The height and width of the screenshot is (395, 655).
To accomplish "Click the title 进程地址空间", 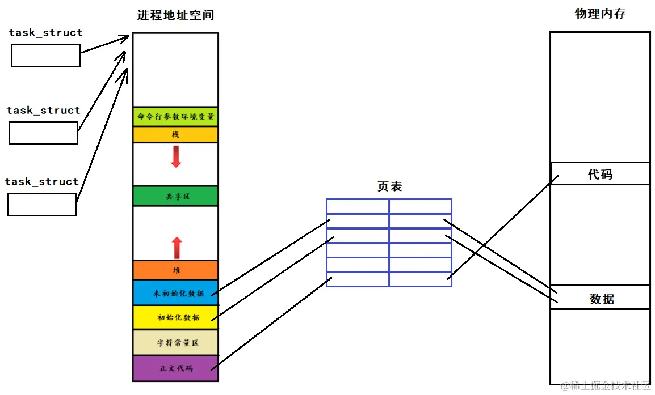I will click(x=175, y=15).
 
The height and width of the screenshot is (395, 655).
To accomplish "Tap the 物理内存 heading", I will click(x=600, y=14).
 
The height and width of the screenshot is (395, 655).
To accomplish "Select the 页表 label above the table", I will click(x=389, y=186).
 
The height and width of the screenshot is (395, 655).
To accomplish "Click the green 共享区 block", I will click(x=175, y=196).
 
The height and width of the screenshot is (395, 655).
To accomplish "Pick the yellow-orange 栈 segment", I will click(x=175, y=135).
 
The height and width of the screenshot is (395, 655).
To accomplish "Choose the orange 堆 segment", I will click(x=175, y=270).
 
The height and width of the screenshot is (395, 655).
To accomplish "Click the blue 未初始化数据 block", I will click(x=175, y=293).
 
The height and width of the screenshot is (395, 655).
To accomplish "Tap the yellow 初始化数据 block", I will click(x=175, y=317).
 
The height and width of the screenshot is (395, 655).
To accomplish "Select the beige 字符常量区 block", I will click(x=175, y=343).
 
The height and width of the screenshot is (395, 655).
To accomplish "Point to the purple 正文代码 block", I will click(x=175, y=368).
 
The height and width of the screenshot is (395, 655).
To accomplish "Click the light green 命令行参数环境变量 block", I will click(x=175, y=117).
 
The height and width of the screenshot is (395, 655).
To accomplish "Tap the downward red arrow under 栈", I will click(x=176, y=156).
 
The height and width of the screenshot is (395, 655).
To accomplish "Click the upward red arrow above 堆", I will click(x=177, y=248).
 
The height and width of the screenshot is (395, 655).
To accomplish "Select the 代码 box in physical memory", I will click(x=600, y=174).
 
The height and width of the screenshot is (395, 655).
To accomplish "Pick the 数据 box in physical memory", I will click(x=600, y=298).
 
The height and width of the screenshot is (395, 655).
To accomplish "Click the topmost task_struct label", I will click(x=46, y=33).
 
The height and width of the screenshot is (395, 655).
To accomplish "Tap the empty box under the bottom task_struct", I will click(x=41, y=205).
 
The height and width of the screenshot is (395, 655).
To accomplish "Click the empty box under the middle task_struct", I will click(x=43, y=133).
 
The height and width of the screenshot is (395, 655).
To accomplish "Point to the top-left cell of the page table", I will click(x=358, y=206).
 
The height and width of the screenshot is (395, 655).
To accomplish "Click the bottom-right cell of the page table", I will click(x=420, y=279).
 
